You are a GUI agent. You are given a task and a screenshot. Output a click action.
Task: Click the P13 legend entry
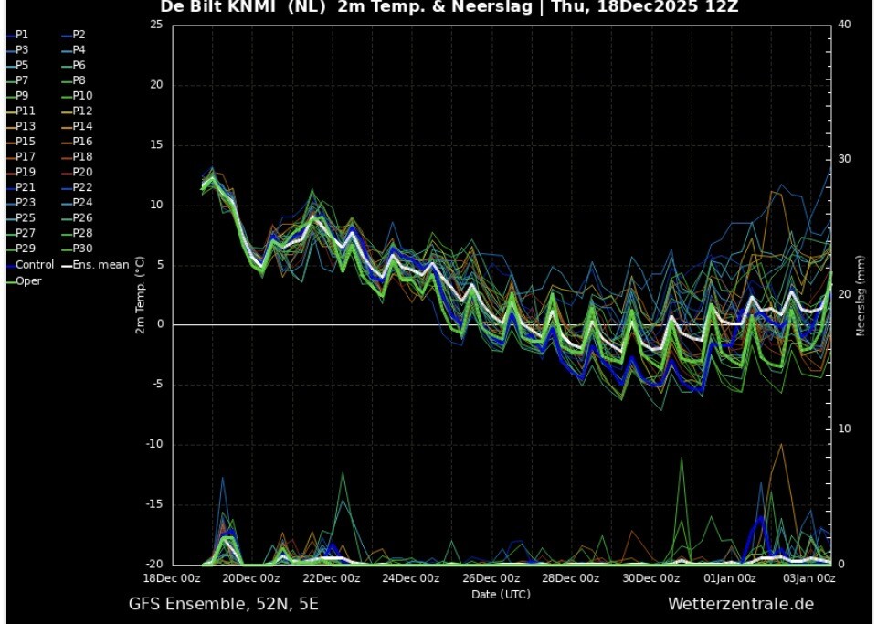(x=25, y=126)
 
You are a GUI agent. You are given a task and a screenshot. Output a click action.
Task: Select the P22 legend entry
(x=82, y=187)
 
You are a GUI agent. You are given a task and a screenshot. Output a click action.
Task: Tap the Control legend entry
(x=35, y=264)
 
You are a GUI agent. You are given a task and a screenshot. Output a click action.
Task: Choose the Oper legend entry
(x=28, y=280)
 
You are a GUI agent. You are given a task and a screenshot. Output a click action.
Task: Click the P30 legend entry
(x=82, y=249)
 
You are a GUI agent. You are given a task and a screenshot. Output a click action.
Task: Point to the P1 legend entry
(x=22, y=35)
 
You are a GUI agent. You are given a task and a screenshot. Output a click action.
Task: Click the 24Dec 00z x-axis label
(x=409, y=578)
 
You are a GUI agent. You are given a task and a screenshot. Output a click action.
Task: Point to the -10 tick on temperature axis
(x=156, y=445)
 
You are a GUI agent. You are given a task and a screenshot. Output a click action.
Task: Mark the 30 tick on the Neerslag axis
(x=844, y=159)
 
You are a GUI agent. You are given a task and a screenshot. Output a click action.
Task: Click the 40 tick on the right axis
(x=844, y=25)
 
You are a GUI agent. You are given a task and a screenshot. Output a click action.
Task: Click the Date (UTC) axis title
(x=501, y=594)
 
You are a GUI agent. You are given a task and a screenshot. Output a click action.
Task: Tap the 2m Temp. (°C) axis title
(x=140, y=295)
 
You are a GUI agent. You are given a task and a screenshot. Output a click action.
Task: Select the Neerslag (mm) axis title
(x=860, y=295)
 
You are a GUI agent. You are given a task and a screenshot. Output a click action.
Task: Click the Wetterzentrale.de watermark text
(x=740, y=604)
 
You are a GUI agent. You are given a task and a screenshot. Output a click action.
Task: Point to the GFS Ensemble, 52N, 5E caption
(x=224, y=604)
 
